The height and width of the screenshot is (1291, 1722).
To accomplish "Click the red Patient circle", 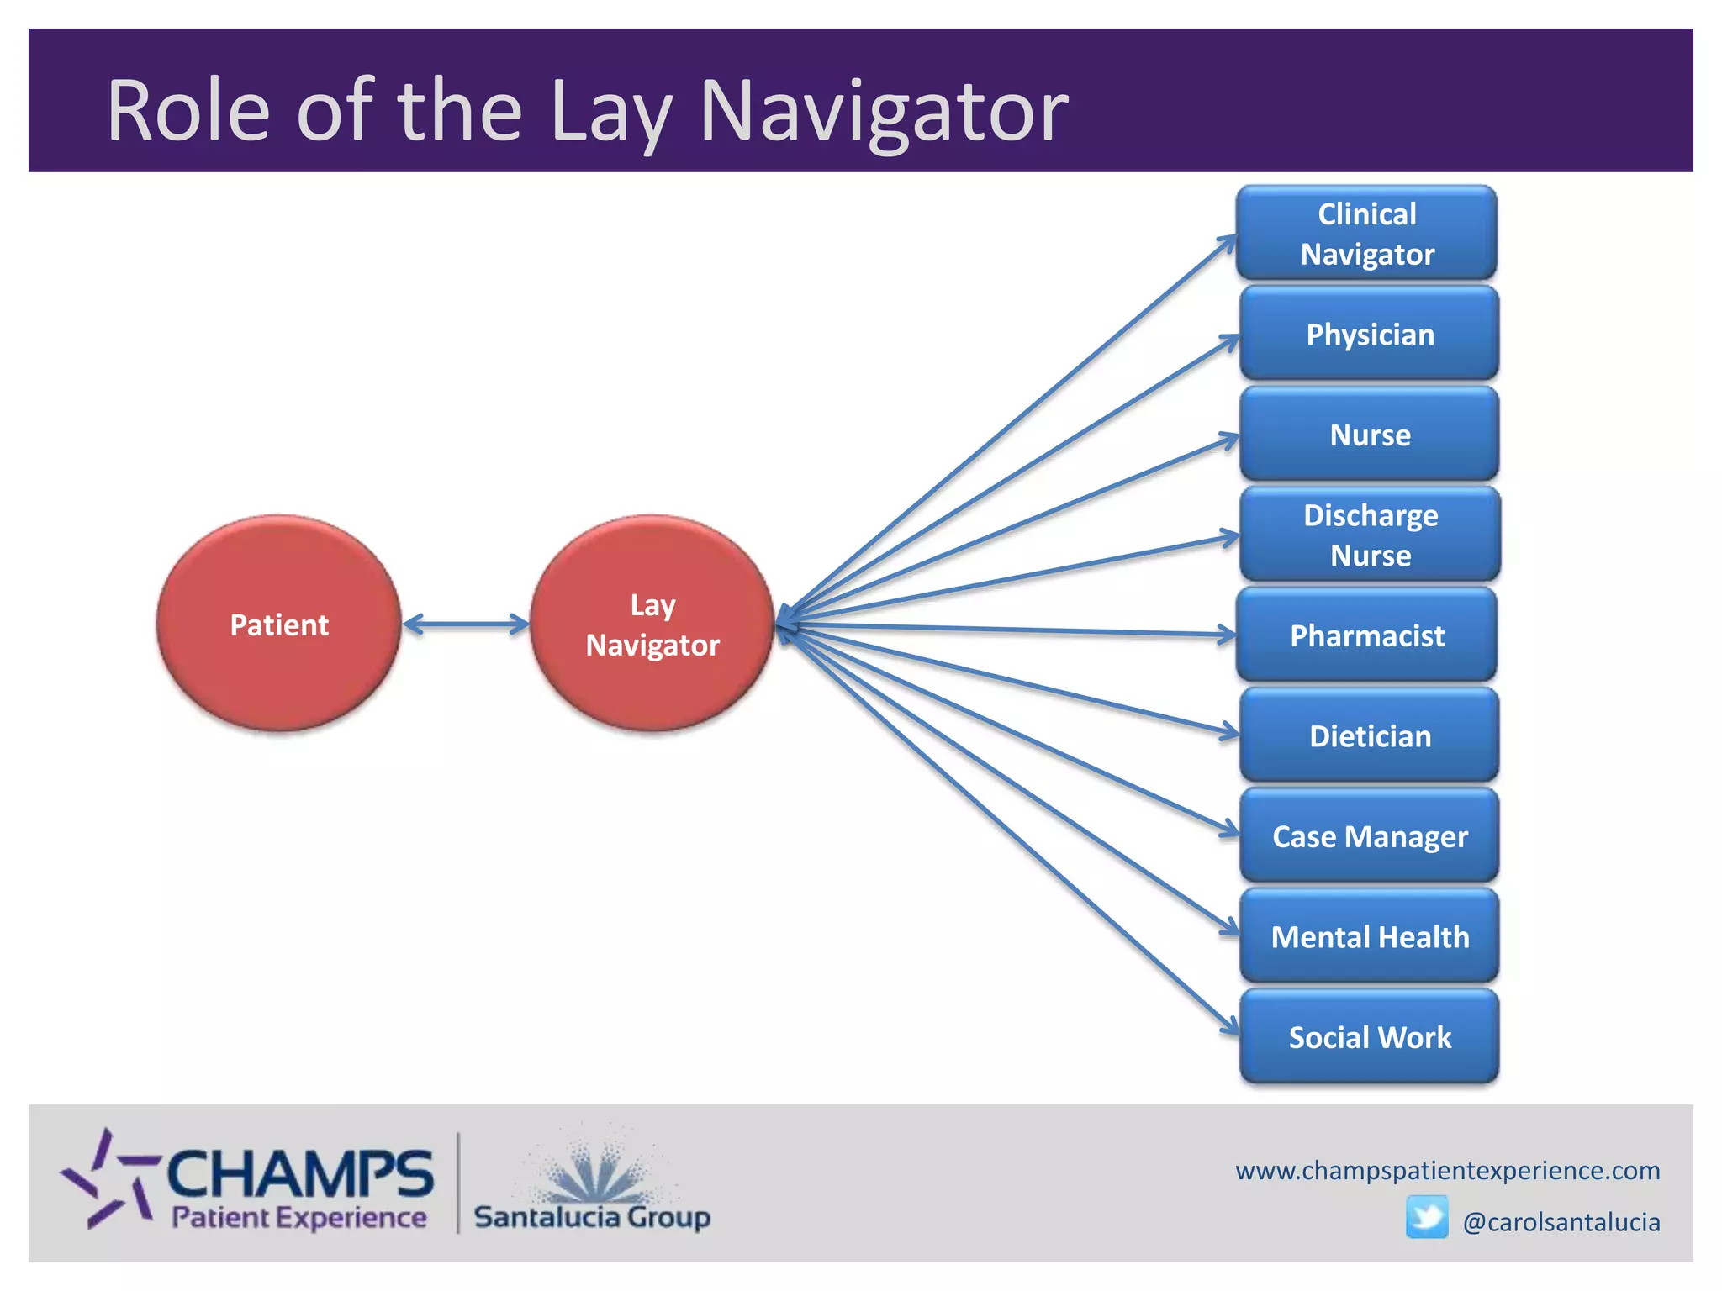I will pos(279,624).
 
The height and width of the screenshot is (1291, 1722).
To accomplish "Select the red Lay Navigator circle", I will pos(652,624).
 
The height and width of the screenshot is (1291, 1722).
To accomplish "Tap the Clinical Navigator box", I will pos(1367,234).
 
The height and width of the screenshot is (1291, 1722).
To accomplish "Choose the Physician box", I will pos(1370,334).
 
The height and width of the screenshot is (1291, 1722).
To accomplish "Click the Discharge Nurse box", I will pos(1370,535).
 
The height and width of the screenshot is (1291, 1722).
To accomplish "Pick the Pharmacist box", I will pos(1367,635).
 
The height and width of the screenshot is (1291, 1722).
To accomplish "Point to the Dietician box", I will pos(1370,735).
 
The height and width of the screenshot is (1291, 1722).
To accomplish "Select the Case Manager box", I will pos(1370,836).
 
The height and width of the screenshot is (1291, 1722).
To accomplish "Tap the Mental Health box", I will pos(1370,936).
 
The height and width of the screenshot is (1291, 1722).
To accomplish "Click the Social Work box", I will pos(1370,1037).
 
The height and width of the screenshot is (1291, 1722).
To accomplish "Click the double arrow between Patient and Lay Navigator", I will pos(465,624).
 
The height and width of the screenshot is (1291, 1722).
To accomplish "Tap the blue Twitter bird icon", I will pos(1427,1218).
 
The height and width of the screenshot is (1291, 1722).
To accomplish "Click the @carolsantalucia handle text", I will pos(1561,1222).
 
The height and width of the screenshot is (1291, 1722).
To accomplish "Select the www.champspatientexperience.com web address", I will pos(1447,1170).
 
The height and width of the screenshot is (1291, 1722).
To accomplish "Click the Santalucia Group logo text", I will pos(592,1216).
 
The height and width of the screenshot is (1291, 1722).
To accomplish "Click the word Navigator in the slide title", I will pos(884,110).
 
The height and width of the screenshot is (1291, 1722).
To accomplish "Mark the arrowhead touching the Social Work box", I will pos(1230,1027).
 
